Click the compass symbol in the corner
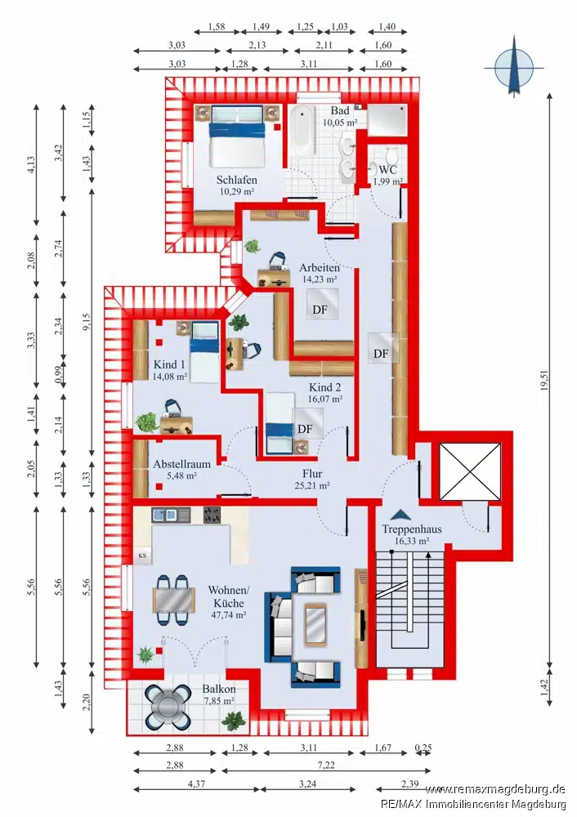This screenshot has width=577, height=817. pyautogui.click(x=514, y=67)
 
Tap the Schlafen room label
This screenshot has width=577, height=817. pyautogui.click(x=237, y=180)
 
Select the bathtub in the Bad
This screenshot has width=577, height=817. pyautogui.click(x=303, y=131)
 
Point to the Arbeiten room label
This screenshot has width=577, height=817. pyautogui.click(x=320, y=267)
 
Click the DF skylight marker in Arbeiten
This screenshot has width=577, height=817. pyautogui.click(x=320, y=310)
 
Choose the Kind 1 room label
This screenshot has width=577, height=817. pyautogui.click(x=169, y=364)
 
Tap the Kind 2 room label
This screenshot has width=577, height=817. pyautogui.click(x=325, y=387)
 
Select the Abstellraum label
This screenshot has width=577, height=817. pyautogui.click(x=182, y=464)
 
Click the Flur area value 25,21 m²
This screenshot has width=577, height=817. pyautogui.click(x=312, y=485)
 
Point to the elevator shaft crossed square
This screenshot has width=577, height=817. pyautogui.click(x=470, y=471)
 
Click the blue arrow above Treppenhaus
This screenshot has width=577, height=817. pyautogui.click(x=400, y=514)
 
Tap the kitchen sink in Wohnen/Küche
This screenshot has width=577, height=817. pyautogui.click(x=165, y=516)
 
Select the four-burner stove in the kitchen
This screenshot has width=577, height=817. pyautogui.click(x=212, y=515)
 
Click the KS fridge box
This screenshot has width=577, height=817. pyautogui.click(x=142, y=556)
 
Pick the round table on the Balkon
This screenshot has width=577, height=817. pyautogui.click(x=168, y=707)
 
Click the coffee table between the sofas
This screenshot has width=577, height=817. pyautogui.click(x=315, y=624)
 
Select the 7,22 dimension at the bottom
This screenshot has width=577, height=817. pyautogui.click(x=326, y=765)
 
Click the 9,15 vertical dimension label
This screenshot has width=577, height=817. pyautogui.click(x=87, y=321)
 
